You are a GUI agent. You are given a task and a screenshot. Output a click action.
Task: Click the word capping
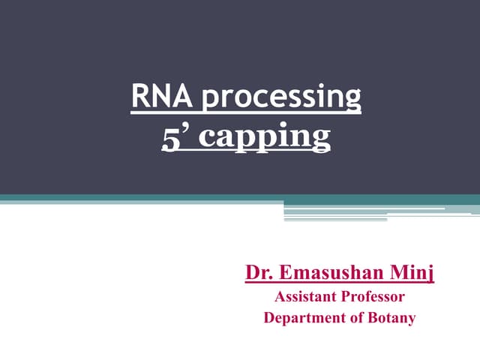pyautogui.click(x=259, y=139)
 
